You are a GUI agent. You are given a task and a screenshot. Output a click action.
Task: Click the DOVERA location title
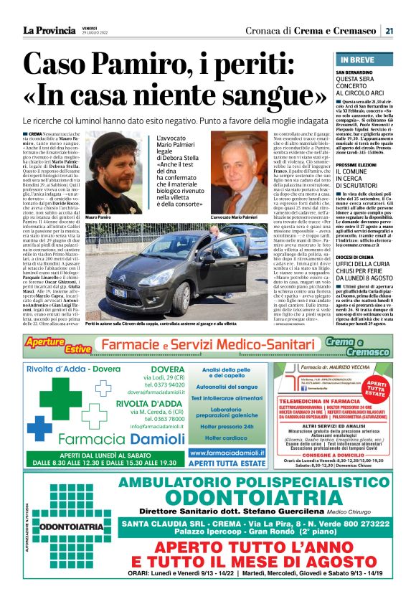point(163,372)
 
